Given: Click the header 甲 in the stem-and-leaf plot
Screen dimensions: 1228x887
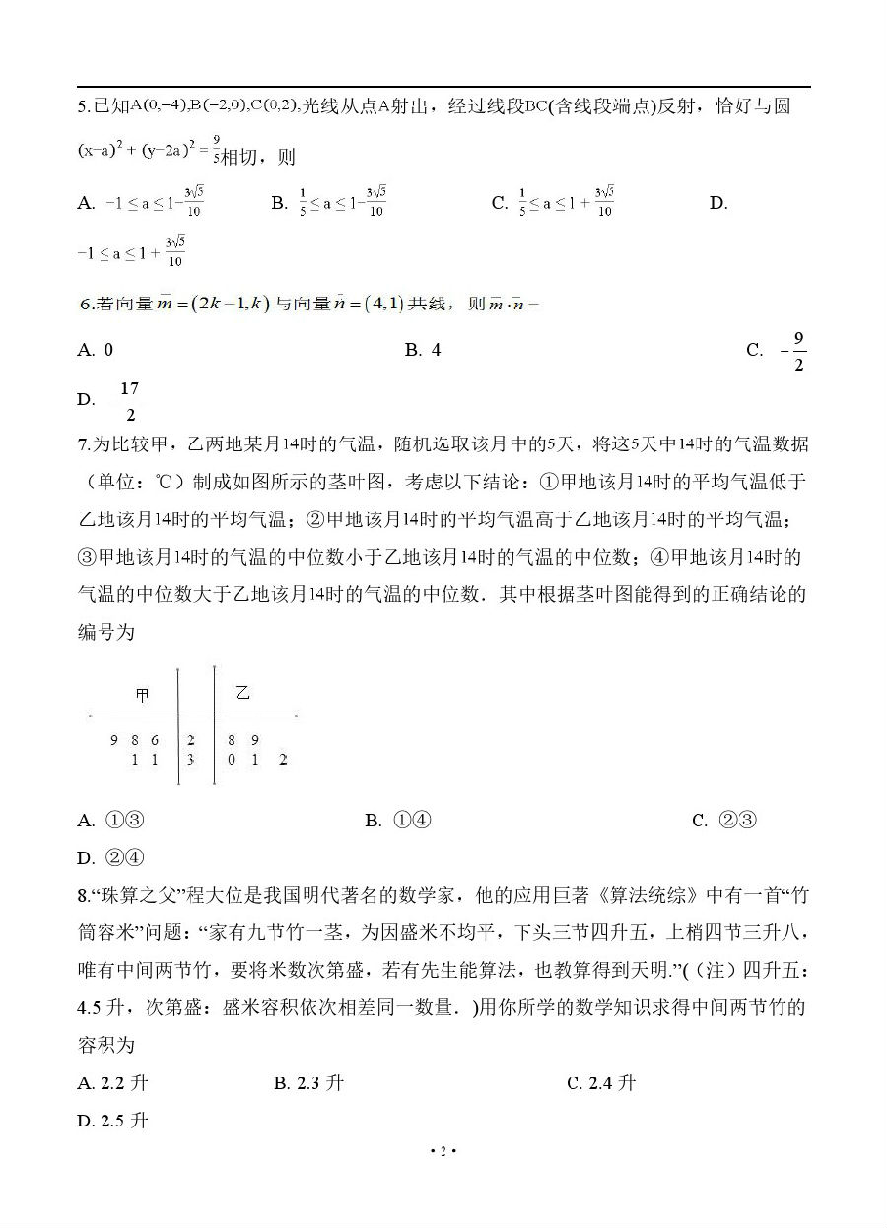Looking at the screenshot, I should coord(143,695).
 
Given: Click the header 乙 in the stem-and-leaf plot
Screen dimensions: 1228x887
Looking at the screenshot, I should coord(241,693).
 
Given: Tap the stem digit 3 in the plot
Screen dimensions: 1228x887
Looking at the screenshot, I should coord(190,760).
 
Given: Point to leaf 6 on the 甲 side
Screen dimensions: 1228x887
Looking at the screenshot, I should coord(155,739).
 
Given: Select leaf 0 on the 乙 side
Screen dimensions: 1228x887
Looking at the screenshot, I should coord(230,760).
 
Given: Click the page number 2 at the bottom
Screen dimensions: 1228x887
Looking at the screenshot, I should coord(443,1151).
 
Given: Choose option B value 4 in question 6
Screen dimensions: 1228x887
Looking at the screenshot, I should coord(435,350).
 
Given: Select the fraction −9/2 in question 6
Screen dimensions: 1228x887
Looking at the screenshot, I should coord(792,352).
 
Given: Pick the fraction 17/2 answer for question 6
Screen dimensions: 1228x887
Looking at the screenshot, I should coord(129,400).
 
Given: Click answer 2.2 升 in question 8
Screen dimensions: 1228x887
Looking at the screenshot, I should coord(124,1083).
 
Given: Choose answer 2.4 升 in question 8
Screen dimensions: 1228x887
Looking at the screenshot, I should coord(612,1083).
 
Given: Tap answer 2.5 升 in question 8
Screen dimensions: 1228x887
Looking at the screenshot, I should coord(124,1121).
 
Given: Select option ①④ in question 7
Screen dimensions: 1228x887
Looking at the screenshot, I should coord(412,820).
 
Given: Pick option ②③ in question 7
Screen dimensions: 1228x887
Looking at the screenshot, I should coord(737,820).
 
